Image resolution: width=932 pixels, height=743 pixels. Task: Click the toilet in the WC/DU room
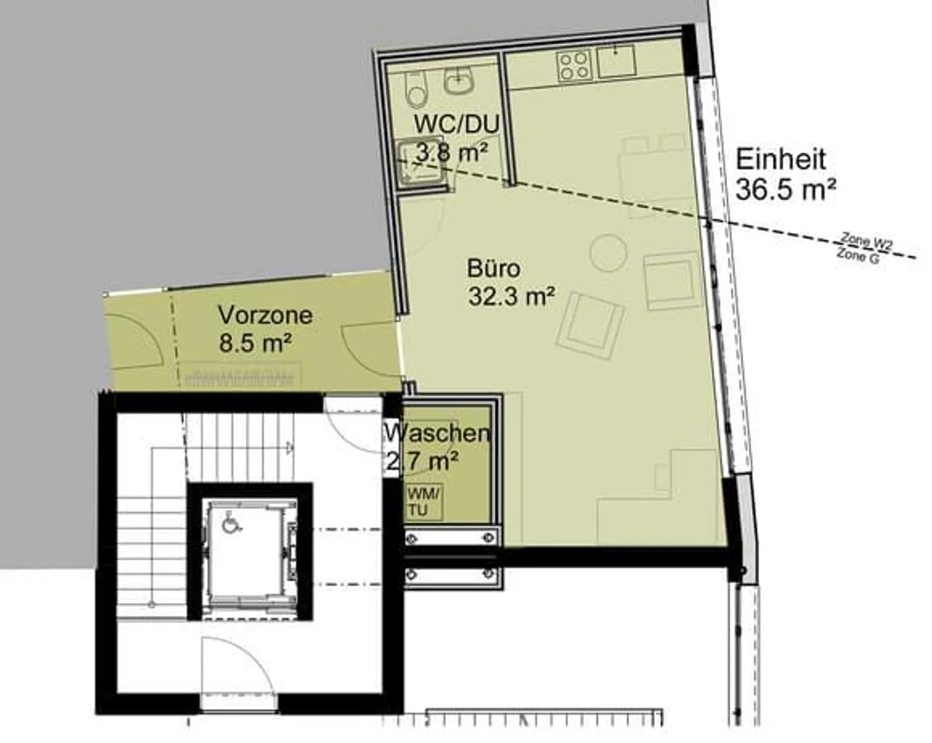417,90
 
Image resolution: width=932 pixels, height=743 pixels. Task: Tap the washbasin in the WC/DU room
459,80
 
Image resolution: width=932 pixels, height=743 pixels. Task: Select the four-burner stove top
574,66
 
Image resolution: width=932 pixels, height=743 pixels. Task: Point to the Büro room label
493,269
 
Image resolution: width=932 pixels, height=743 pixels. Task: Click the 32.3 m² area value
511,297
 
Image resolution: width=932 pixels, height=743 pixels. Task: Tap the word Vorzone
265,315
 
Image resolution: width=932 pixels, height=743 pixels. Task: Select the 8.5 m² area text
254,343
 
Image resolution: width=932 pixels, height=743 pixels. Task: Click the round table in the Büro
609,253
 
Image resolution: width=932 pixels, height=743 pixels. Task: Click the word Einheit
781,159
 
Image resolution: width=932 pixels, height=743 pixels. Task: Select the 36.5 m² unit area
786,189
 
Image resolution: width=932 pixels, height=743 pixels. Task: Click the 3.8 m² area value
452,153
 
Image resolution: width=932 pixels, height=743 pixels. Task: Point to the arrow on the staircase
290,446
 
